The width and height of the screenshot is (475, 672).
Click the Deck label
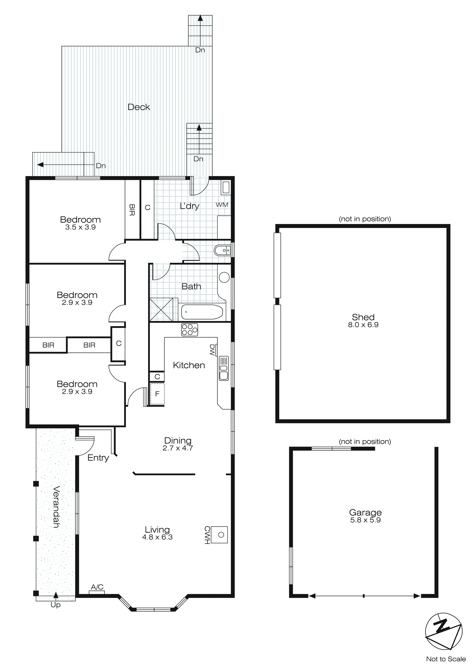tap(139, 107)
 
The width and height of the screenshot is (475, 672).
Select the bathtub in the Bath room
tap(202, 312)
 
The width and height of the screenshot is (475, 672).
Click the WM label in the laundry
tap(222, 205)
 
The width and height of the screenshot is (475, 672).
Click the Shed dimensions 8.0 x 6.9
tap(363, 325)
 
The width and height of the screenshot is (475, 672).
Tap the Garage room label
tap(365, 512)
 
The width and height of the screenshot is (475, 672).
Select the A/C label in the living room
tap(97, 587)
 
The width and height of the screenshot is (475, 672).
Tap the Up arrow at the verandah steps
tap(56, 595)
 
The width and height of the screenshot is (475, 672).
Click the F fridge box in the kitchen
tap(157, 394)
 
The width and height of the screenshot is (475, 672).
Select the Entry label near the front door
tap(98, 458)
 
